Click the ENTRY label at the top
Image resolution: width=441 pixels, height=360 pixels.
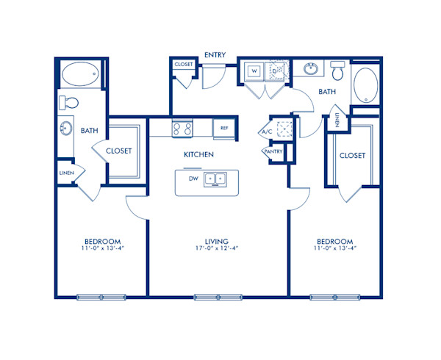(215, 54)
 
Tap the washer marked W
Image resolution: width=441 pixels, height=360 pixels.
(254, 71)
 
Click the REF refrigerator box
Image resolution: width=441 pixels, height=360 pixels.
(224, 128)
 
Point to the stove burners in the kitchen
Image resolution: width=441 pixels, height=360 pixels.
(182, 129)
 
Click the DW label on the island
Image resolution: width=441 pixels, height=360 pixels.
(193, 179)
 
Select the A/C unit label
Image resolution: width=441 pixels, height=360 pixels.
(268, 132)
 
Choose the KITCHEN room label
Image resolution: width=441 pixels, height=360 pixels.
(198, 155)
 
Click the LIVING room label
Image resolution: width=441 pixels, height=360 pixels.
(218, 241)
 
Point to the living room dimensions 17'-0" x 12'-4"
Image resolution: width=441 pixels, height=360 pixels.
(218, 249)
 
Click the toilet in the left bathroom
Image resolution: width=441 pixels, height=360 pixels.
(68, 101)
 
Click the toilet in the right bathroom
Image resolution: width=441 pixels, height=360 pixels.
(338, 72)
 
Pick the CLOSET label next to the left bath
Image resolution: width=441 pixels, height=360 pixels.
(118, 151)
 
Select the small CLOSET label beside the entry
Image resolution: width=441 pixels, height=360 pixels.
(183, 65)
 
